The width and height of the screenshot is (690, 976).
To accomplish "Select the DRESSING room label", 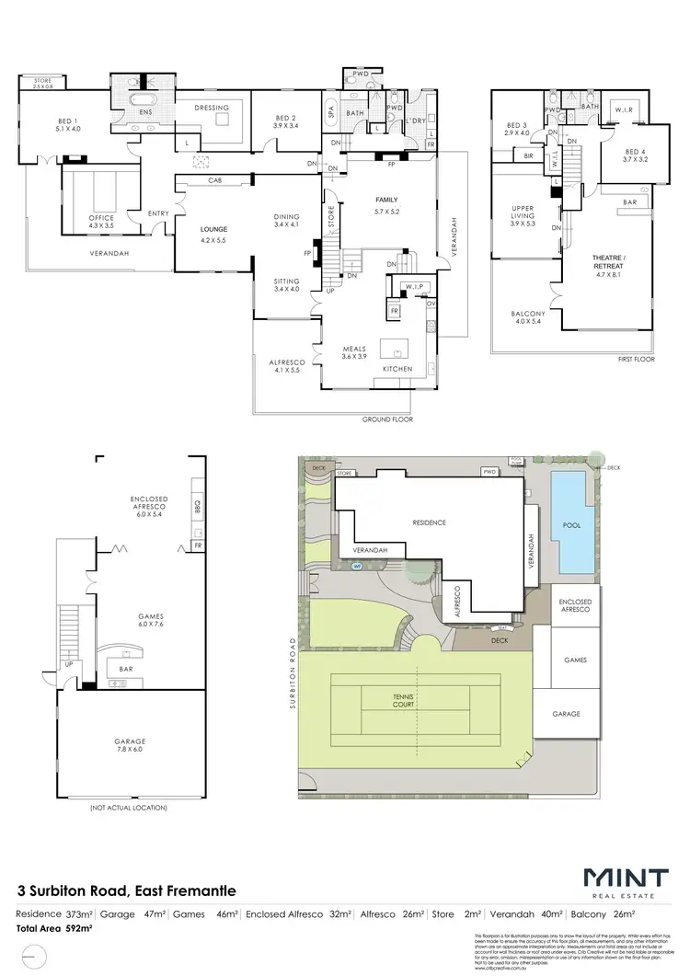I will tap(212, 109).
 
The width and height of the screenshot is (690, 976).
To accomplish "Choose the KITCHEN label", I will tap(398, 369).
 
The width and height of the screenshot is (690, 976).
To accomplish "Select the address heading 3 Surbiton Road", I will tap(127, 890).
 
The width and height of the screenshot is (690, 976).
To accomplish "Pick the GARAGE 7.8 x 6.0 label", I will tap(130, 745).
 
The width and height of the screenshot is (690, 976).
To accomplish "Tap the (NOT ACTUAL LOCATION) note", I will tap(129, 808).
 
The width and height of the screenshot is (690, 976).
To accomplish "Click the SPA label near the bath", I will tap(330, 112).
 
